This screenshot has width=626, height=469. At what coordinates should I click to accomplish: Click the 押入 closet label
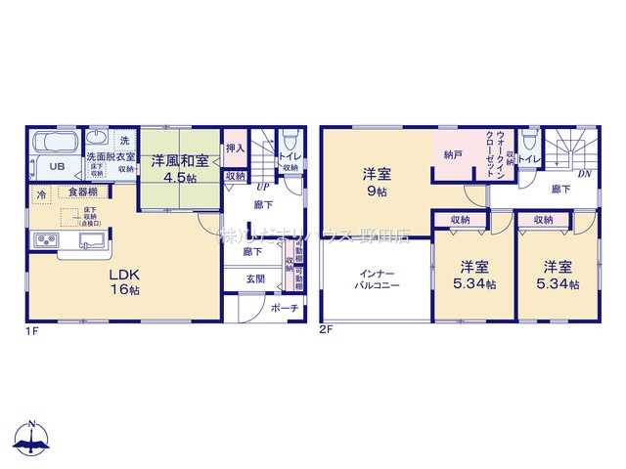tap(235, 149)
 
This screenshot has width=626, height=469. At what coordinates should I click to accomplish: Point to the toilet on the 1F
tap(290, 143)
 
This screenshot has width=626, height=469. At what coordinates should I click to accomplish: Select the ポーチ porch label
tap(285, 309)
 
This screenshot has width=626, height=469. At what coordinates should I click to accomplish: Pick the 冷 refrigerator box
tap(41, 194)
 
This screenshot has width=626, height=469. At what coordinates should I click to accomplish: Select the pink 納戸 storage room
tap(452, 154)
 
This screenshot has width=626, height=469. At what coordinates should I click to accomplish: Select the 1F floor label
tap(33, 330)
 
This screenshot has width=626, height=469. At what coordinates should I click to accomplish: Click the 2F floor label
tap(327, 330)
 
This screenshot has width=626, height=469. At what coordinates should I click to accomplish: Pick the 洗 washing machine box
tap(124, 141)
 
